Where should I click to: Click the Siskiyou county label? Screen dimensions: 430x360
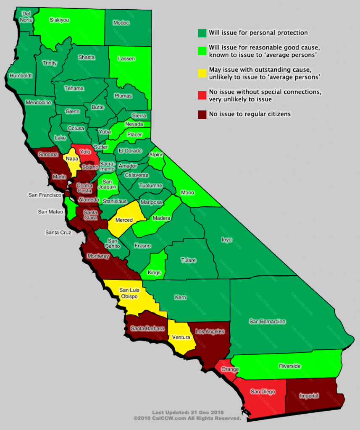click(59, 20)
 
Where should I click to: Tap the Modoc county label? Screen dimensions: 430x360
click(121, 23)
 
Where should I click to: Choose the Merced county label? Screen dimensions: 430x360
click(124, 220)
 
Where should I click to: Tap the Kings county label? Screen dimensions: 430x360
click(154, 273)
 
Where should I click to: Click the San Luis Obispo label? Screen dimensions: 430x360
click(130, 293)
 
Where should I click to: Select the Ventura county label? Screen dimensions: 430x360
click(181, 337)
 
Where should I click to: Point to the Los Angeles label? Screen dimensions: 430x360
click(210, 331)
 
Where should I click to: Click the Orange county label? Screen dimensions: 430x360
click(231, 370)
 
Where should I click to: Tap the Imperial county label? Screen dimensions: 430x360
click(309, 396)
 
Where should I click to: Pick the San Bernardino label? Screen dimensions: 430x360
click(267, 322)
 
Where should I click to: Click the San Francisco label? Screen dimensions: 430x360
click(45, 195)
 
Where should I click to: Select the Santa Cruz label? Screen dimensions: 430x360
click(59, 232)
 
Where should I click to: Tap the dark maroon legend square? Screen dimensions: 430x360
click(202, 114)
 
